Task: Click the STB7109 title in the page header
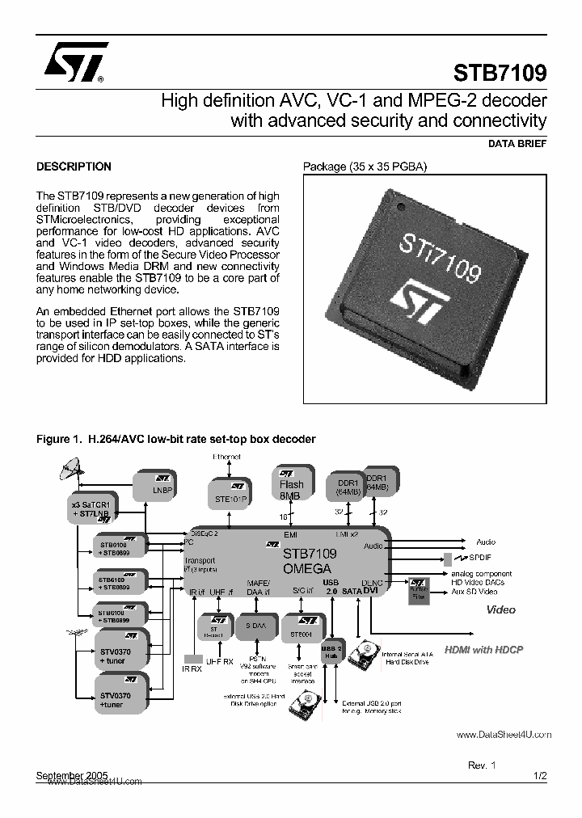pyautogui.click(x=500, y=73)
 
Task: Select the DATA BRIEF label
pyautogui.click(x=517, y=144)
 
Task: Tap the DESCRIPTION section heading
pyautogui.click(x=74, y=167)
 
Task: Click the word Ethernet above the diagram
pyautogui.click(x=226, y=457)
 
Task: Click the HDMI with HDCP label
pyautogui.click(x=496, y=649)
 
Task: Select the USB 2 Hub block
pyautogui.click(x=331, y=652)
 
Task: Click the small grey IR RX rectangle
pyautogui.click(x=192, y=659)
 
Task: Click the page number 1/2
pyautogui.click(x=540, y=775)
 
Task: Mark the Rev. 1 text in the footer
pyautogui.click(x=482, y=764)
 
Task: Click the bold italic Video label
pyautogui.click(x=500, y=610)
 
